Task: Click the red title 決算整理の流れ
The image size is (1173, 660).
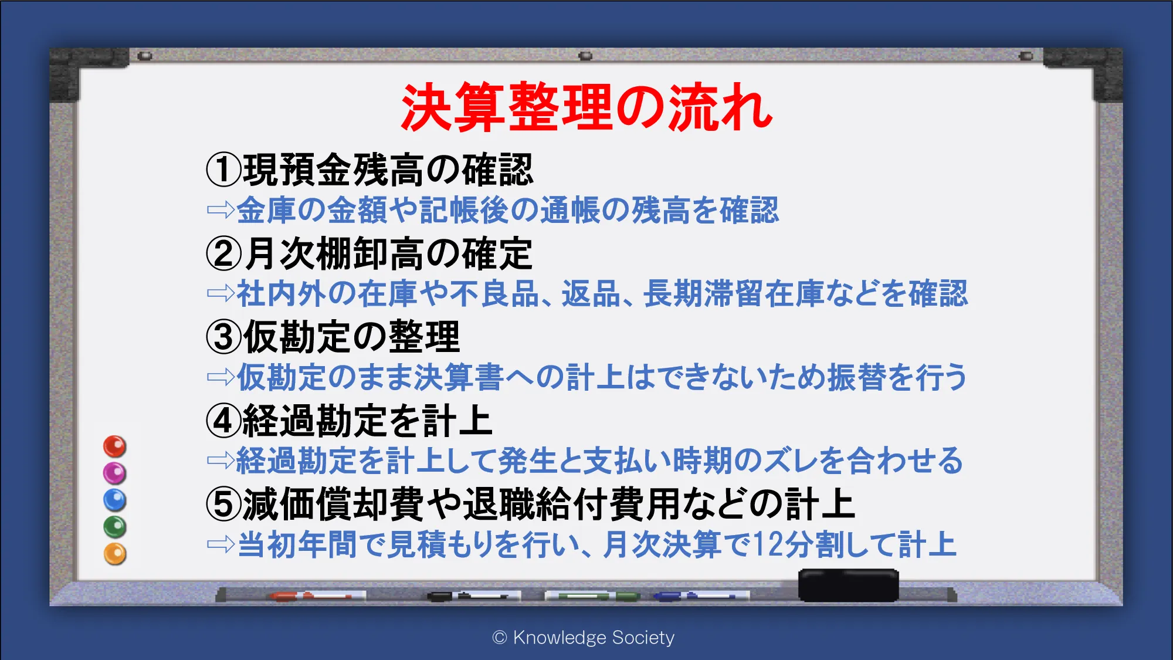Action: coord(587,107)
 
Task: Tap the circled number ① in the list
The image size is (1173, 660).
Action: coord(223,170)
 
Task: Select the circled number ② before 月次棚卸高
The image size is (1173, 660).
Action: coord(223,253)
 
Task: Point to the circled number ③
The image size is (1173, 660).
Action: coord(223,337)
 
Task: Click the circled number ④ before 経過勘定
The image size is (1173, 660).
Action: coord(223,421)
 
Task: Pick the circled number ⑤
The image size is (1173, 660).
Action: coord(223,504)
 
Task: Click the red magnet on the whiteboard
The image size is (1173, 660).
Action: coord(115,446)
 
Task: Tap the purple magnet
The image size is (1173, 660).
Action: coord(115,473)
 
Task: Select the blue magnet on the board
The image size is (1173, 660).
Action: coord(115,500)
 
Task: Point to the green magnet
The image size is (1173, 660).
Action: coord(115,527)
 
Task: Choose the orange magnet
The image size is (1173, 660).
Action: coord(115,554)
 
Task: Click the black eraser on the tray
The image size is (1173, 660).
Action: coord(849,585)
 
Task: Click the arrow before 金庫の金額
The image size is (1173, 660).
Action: coord(221,210)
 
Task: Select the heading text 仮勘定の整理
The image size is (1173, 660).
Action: coord(351,337)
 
